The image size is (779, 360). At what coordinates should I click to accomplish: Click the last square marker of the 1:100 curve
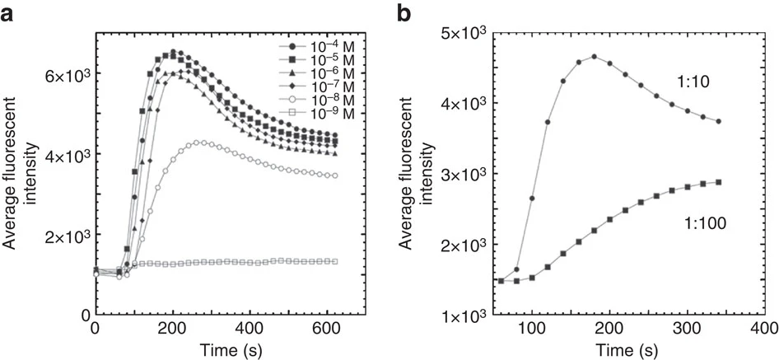[x=719, y=182]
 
